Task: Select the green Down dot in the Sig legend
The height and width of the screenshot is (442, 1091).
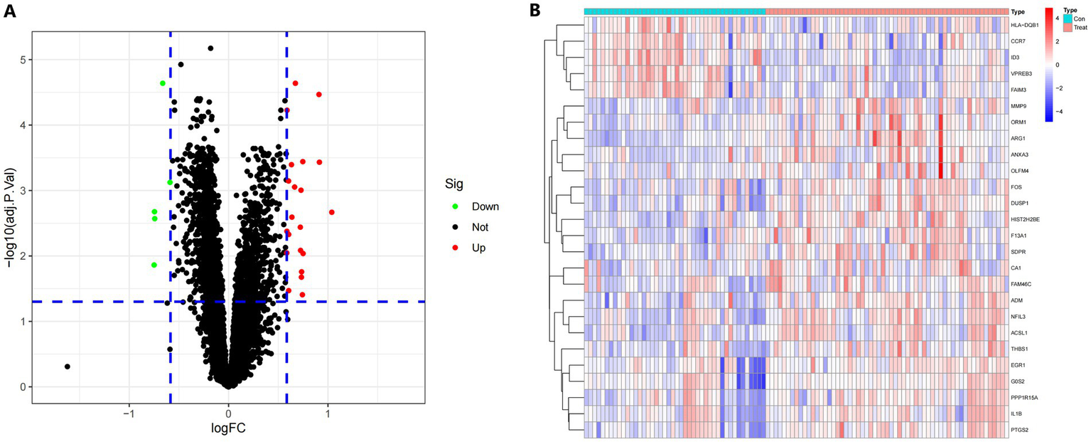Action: click(x=455, y=206)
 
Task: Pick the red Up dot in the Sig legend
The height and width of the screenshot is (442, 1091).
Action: click(x=455, y=248)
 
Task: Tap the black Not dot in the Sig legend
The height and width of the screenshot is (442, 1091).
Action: click(x=455, y=227)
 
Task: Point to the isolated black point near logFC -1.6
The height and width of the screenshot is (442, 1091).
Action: click(x=68, y=367)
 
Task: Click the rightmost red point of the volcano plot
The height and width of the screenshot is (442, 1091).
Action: click(x=332, y=212)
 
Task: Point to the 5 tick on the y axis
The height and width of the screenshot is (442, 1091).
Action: click(x=23, y=60)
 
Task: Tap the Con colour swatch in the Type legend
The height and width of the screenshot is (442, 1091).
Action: click(x=1068, y=19)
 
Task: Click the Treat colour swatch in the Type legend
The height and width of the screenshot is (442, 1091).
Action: click(x=1068, y=26)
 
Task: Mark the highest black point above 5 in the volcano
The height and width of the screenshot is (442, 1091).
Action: click(x=210, y=48)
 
